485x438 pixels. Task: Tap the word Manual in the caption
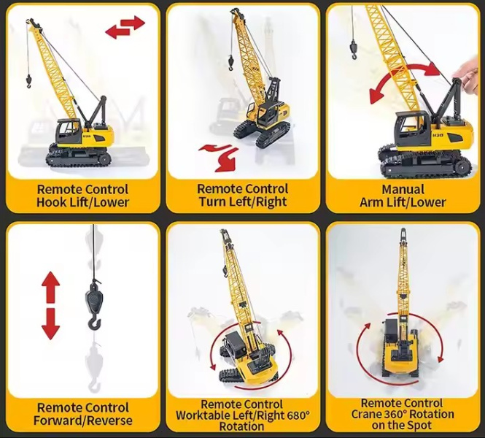coord(403,189)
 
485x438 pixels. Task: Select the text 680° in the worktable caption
coord(298,415)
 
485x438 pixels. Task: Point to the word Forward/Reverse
coord(83,420)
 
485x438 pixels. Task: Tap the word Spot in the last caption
coord(420,426)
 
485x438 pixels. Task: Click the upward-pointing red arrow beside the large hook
coord(50,287)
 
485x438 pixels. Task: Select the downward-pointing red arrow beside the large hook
coord(50,324)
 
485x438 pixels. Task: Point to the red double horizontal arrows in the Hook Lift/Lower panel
coord(125,27)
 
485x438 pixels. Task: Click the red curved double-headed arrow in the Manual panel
coord(406,80)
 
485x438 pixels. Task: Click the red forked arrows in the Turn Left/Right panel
coord(220,157)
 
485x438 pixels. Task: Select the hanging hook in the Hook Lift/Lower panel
coord(28,81)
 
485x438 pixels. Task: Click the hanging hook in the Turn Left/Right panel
coord(230,63)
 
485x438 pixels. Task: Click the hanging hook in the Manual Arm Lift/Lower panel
coord(353,49)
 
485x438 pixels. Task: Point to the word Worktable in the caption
coord(206,415)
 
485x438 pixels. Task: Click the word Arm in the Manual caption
coord(370,202)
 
